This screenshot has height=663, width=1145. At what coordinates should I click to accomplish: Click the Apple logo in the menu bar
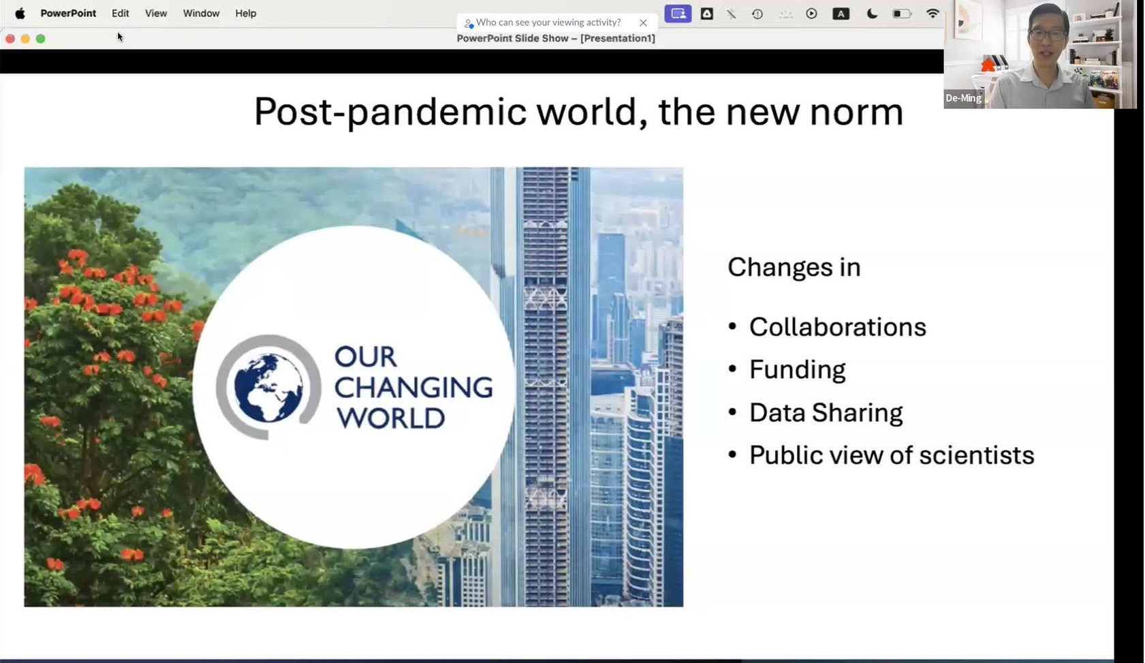click(x=20, y=14)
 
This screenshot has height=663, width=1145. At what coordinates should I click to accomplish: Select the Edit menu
click(x=120, y=14)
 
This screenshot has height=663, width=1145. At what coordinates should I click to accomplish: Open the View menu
click(x=156, y=14)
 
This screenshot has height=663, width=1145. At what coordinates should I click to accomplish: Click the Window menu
click(x=201, y=14)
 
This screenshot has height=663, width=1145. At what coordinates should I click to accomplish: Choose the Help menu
click(x=245, y=14)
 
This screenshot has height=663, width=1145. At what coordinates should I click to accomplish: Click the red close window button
click(x=10, y=39)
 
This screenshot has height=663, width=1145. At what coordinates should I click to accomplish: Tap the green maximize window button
click(x=40, y=39)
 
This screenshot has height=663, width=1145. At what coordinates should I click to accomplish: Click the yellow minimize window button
click(x=25, y=39)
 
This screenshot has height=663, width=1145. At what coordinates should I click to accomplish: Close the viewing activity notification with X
click(x=643, y=22)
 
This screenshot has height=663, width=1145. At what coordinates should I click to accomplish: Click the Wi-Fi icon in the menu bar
click(x=933, y=14)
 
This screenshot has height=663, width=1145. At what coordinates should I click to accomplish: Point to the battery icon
click(x=903, y=14)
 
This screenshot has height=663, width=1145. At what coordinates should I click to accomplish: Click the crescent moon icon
click(x=872, y=14)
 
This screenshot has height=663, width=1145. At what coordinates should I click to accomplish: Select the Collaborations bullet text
click(x=837, y=327)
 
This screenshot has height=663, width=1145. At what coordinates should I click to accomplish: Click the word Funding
click(x=797, y=369)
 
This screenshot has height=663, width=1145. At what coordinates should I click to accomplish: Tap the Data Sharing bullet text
click(x=826, y=412)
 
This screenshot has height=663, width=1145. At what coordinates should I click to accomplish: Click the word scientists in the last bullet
click(x=976, y=455)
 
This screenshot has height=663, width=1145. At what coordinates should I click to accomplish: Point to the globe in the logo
click(x=268, y=387)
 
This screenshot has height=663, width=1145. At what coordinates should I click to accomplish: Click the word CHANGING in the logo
click(x=413, y=387)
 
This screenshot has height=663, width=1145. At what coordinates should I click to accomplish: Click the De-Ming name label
click(x=963, y=98)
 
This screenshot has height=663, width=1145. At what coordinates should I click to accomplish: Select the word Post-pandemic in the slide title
click(x=390, y=112)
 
